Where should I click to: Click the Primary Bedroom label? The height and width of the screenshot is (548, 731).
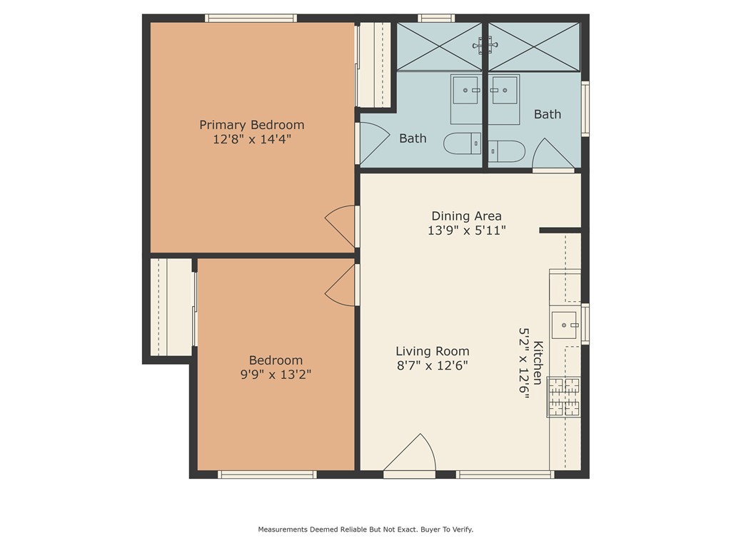coord(252,125)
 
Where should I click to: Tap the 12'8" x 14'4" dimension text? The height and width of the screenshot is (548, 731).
coord(252,139)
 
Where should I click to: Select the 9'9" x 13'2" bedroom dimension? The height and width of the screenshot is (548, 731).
coord(276,375)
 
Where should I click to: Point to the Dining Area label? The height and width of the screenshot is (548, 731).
coord(466,216)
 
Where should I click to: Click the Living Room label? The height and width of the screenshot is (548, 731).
coord(432,351)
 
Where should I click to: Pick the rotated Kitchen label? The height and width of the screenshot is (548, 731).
coord(538,362)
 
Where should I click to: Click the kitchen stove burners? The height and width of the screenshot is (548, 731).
coord(564,397)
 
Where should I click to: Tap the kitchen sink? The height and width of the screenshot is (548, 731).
coord(564,325)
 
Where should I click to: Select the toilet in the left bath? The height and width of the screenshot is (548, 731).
coord(462,143)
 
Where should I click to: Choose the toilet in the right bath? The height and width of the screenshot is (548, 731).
coord(507,151)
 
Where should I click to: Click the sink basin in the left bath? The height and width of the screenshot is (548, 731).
coord(465,91)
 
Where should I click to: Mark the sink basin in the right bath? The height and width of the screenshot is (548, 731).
coord(505,91)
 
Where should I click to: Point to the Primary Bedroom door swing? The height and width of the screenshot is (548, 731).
coord(341,226)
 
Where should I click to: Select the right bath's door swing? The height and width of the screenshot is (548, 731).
coord(553,153)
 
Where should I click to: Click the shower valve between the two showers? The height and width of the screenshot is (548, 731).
coord(485,45)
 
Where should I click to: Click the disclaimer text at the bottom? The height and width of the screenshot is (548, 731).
coord(365,529)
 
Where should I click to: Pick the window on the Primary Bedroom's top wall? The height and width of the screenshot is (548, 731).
coord(251,18)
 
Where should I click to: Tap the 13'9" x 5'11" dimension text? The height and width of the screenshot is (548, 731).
coord(467,230)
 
